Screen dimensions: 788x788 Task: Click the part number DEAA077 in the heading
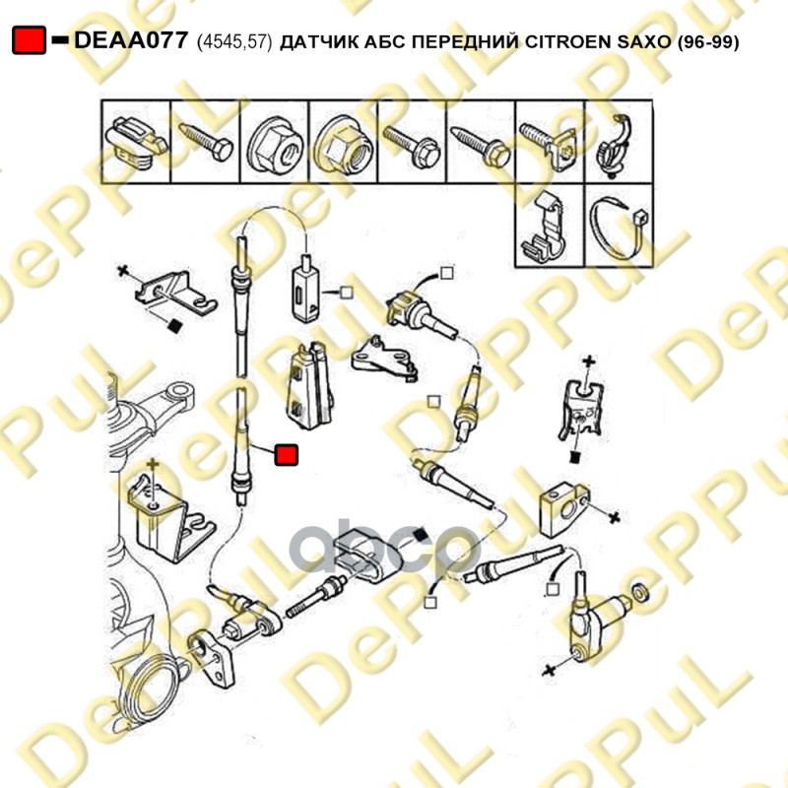click(x=131, y=40)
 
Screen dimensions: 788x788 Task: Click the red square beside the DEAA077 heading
click(x=30, y=40)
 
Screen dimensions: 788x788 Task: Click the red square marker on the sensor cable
click(x=286, y=455)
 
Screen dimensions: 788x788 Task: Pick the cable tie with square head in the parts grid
click(x=619, y=228)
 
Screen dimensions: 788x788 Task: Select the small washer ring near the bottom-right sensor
click(x=640, y=593)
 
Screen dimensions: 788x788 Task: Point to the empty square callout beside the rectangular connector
click(x=347, y=292)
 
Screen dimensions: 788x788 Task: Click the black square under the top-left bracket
click(x=174, y=326)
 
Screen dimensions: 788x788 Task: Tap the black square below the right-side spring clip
click(x=576, y=457)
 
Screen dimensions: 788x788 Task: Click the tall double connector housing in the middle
click(x=309, y=385)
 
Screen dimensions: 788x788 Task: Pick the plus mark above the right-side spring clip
click(x=588, y=361)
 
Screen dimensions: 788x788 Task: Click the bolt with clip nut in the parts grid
click(x=549, y=143)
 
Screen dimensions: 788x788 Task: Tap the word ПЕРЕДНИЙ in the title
click(x=464, y=41)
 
